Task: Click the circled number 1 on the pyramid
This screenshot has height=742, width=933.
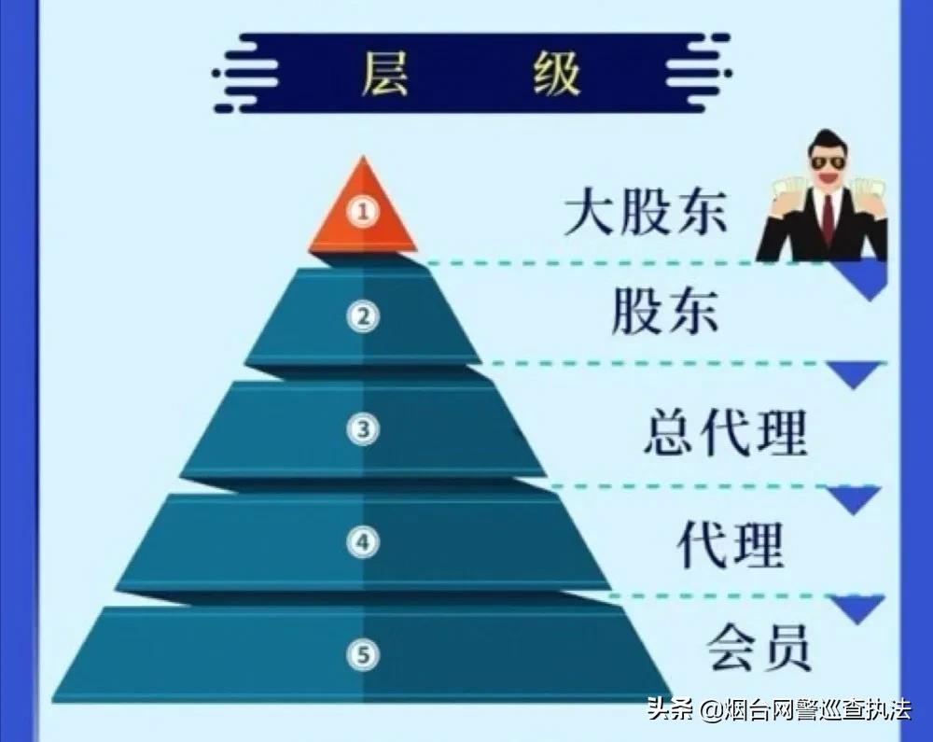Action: pyautogui.click(x=363, y=212)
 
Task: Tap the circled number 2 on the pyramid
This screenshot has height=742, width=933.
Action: pyautogui.click(x=363, y=317)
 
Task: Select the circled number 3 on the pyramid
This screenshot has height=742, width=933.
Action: pyautogui.click(x=363, y=429)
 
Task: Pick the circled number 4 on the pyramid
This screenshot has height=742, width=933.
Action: pyautogui.click(x=363, y=540)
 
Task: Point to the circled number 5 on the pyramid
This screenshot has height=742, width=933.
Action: pyautogui.click(x=363, y=653)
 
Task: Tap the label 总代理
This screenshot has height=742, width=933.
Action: pyautogui.click(x=725, y=431)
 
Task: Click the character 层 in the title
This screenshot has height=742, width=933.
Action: pyautogui.click(x=384, y=74)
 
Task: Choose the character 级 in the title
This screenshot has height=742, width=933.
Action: pyautogui.click(x=557, y=74)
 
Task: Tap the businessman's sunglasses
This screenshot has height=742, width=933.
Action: pyautogui.click(x=826, y=161)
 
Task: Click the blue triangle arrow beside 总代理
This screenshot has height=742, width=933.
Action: pyautogui.click(x=856, y=374)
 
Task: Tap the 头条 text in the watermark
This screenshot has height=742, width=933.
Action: pyautogui.click(x=671, y=711)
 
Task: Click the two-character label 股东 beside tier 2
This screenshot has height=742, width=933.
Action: pyautogui.click(x=665, y=312)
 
